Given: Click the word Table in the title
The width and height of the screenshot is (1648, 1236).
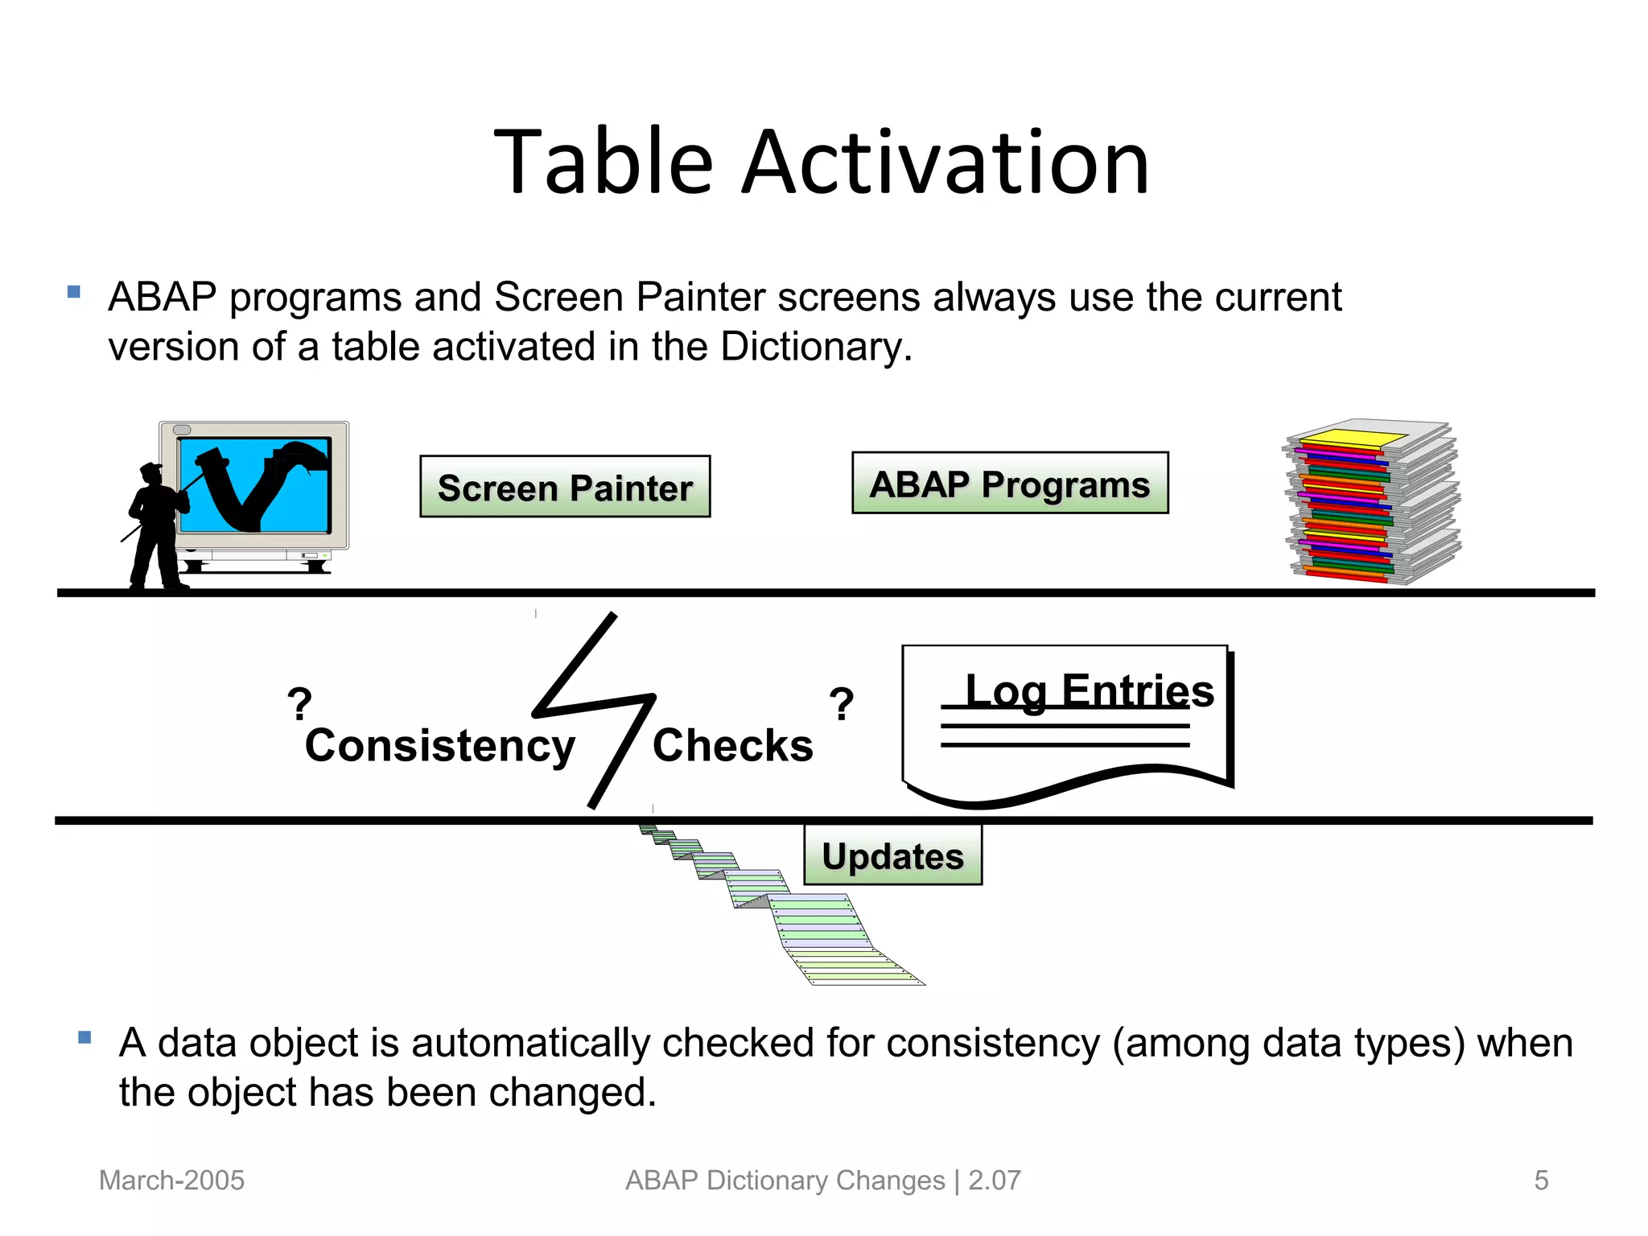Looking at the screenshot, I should click(603, 163).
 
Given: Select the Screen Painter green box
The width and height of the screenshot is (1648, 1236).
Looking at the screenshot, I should click(565, 487).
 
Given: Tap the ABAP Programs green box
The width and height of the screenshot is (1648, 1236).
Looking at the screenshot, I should click(1010, 483).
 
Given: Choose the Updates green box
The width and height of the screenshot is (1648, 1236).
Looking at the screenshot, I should click(892, 855).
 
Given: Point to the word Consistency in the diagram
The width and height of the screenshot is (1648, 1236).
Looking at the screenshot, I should click(439, 745).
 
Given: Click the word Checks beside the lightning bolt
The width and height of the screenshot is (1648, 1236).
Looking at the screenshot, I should click(732, 745).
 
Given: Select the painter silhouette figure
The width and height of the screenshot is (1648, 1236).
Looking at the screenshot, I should click(157, 527).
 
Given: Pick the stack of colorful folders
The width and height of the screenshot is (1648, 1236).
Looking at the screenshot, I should click(1372, 503).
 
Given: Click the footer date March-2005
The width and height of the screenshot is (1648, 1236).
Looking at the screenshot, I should click(171, 1180).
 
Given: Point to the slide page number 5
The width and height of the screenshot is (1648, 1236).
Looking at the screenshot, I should click(1541, 1180).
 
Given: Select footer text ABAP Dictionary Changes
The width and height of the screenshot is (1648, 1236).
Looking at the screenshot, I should click(785, 1180).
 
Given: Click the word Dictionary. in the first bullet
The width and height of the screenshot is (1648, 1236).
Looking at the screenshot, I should click(815, 347).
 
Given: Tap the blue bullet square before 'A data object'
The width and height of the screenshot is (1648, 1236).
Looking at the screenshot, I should click(84, 1037).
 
